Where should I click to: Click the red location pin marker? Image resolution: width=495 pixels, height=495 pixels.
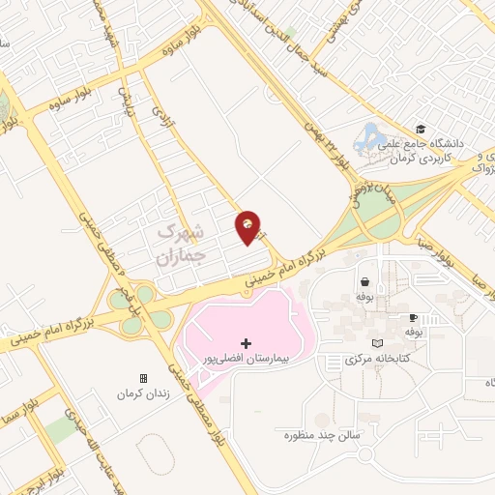coord(248,226)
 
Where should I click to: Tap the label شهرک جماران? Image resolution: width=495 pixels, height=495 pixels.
coord(181,245)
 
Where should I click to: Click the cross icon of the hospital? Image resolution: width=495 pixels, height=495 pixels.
coord(246,343)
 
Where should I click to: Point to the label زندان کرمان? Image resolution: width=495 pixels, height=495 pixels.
coord(143,394)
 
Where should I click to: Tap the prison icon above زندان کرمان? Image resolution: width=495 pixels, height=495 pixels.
coord(144,378)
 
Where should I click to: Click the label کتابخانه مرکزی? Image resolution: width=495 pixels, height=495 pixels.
coord(376,359)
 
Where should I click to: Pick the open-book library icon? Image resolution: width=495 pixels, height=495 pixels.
coord(377,343)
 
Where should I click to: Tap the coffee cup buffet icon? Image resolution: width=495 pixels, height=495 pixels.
coord(413,317)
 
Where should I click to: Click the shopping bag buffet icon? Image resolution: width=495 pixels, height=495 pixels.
coord(365,282)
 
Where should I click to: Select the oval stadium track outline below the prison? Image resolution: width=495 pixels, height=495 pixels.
coord(154,454)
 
